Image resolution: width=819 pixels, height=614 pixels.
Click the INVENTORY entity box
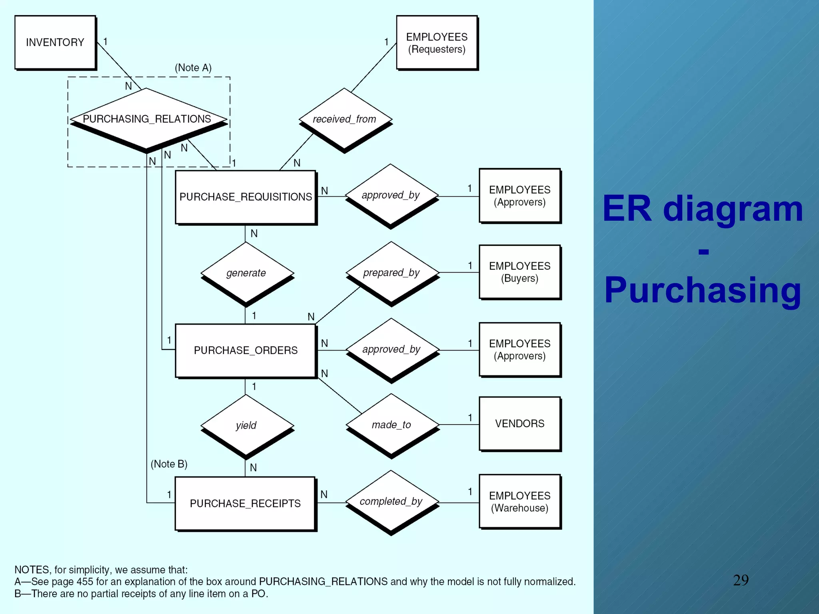(x=55, y=42)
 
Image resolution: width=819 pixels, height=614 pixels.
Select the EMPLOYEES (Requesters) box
(x=437, y=43)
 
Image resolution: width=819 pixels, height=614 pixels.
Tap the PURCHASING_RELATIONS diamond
(x=147, y=119)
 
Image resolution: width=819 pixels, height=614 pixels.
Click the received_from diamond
(x=345, y=119)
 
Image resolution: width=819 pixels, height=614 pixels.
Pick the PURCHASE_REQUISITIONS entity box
(x=245, y=197)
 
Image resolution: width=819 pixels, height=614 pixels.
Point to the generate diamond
(x=246, y=273)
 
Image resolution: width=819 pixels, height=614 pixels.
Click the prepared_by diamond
(x=392, y=273)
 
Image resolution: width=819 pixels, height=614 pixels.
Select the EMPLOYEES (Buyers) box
(x=519, y=272)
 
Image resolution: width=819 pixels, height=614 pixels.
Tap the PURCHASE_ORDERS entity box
(x=245, y=350)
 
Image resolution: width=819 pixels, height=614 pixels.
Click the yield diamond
(x=246, y=425)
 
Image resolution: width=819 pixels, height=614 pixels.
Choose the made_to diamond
(x=392, y=425)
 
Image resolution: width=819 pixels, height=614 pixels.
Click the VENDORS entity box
(x=519, y=423)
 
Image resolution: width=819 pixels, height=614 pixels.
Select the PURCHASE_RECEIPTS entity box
(x=245, y=503)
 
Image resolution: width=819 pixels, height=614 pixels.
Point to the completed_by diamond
(x=391, y=501)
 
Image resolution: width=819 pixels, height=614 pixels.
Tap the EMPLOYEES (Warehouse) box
(x=519, y=502)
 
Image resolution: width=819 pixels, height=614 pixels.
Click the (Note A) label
(x=193, y=68)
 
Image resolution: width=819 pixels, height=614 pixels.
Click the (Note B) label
(x=169, y=464)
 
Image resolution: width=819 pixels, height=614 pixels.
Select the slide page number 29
(x=741, y=580)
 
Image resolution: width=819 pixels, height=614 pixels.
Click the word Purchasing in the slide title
(x=703, y=290)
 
